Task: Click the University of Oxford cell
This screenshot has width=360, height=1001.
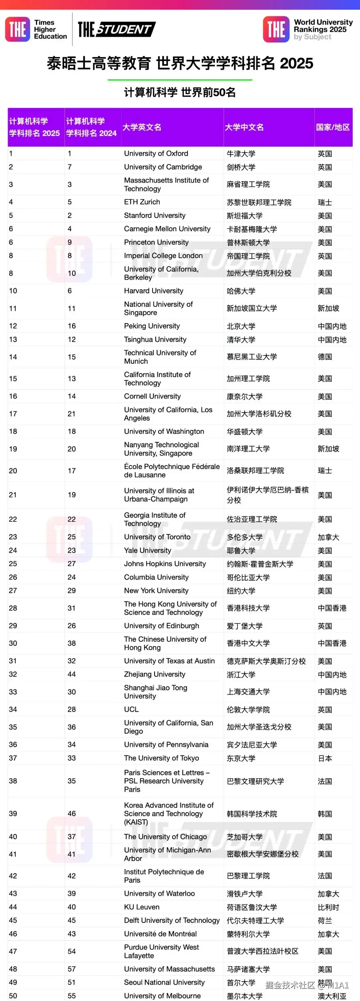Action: [x=156, y=154]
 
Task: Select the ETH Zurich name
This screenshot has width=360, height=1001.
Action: [x=142, y=202]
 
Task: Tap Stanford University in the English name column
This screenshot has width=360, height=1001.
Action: [x=155, y=215]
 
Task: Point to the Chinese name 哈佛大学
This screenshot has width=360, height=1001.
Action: [x=241, y=291]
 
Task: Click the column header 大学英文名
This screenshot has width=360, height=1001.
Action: [x=142, y=127]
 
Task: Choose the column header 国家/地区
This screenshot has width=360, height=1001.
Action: [x=333, y=127]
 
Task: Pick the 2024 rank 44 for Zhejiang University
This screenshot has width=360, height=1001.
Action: [x=72, y=674]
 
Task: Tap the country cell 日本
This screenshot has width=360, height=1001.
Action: [x=325, y=758]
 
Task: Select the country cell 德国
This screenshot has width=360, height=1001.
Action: [x=325, y=357]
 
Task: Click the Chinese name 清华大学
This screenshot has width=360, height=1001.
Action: [x=241, y=340]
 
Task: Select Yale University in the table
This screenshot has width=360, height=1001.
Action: [x=147, y=550]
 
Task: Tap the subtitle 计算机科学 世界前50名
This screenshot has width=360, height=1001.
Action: [x=180, y=93]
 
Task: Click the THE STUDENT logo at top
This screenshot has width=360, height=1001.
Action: [x=117, y=30]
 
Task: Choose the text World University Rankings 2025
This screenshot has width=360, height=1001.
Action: [x=323, y=26]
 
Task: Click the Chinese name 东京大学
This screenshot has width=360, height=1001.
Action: [x=241, y=758]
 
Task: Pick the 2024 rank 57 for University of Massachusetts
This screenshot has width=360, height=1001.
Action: [x=72, y=969]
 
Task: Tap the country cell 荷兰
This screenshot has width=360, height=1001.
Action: [x=325, y=920]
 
